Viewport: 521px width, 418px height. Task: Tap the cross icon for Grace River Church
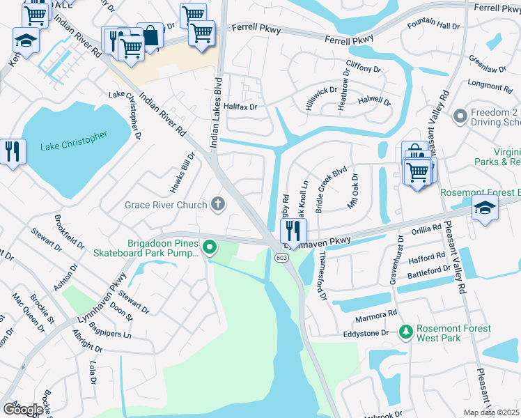pyautogui.click(x=218, y=205)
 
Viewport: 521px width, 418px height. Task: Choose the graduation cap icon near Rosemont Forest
pyautogui.click(x=485, y=208)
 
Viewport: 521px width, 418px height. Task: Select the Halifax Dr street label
pyautogui.click(x=240, y=107)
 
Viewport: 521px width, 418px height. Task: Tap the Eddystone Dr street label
pyautogui.click(x=366, y=334)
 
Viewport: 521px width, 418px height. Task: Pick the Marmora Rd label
pyautogui.click(x=379, y=313)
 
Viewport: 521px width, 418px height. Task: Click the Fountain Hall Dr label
pyautogui.click(x=433, y=26)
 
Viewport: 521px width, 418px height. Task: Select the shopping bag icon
pyautogui.click(x=150, y=36)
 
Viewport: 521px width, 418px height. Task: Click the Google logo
pyautogui.click(x=22, y=410)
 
